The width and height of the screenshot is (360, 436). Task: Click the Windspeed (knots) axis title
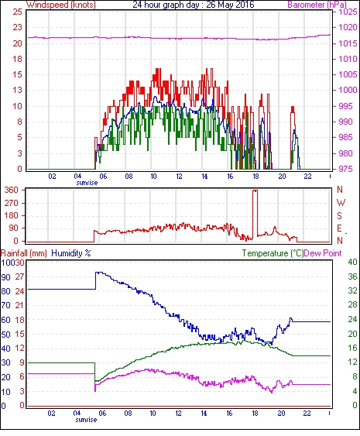pos(61,5)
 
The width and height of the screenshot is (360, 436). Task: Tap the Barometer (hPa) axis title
pos(317,5)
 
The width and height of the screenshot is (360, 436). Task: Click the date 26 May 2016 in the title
pos(230,5)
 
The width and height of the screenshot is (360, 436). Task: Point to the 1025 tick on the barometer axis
pos(348,12)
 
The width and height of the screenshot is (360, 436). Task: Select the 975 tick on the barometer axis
pos(345,169)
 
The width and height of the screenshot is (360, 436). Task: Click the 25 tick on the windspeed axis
pos(17,12)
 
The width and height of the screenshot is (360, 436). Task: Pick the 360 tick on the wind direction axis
pos(12,191)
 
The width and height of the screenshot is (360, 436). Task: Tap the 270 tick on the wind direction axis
pos(12,203)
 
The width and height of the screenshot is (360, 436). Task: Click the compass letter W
pos(341,203)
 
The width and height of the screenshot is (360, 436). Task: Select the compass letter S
pos(339,215)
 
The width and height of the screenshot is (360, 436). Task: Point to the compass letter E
pos(339,228)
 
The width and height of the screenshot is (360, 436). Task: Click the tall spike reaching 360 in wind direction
pos(255,214)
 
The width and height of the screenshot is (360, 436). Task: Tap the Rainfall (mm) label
pos(24,253)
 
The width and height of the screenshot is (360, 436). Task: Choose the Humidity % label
pos(71,253)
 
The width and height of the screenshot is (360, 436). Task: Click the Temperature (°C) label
pos(273,253)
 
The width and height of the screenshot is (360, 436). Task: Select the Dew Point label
pos(323,253)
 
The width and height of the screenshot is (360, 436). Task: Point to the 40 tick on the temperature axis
pos(352,262)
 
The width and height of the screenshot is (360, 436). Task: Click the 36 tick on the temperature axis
pos(352,276)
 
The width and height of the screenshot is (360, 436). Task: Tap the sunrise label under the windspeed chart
pos(87,183)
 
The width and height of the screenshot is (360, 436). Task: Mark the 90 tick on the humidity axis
pos(5,277)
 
